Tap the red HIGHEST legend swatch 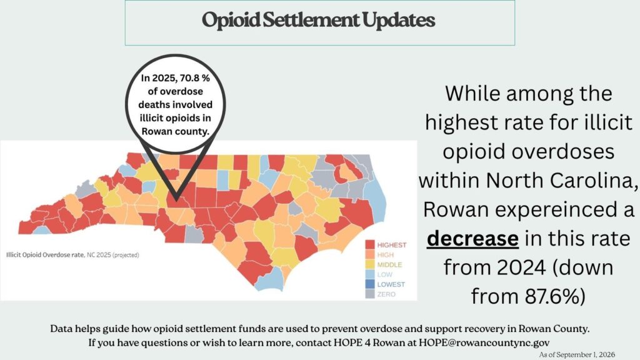[x=370, y=245]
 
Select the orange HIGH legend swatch [x=370, y=255]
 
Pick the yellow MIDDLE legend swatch [x=370, y=264]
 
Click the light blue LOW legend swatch [x=370, y=274]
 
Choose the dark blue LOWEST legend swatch [x=370, y=284]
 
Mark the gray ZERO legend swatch [x=370, y=294]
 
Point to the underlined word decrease [x=472, y=239]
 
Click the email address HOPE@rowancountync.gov [x=484, y=342]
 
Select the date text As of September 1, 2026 [x=577, y=355]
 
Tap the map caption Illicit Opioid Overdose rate [x=45, y=255]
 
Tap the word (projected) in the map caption [x=126, y=255]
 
